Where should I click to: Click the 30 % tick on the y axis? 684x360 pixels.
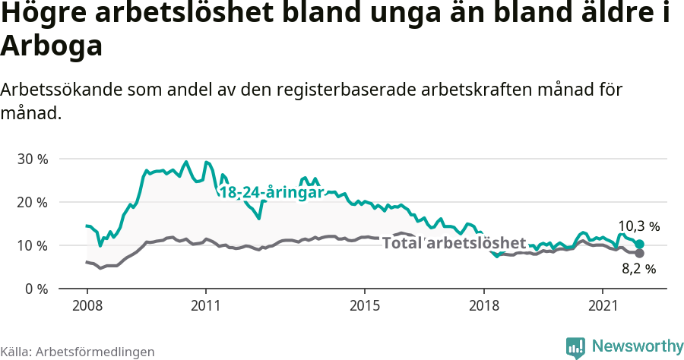click(x=32, y=159)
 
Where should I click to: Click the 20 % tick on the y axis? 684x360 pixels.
click(x=32, y=203)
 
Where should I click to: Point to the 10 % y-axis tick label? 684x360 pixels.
click(x=32, y=246)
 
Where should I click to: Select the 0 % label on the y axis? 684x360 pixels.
click(x=35, y=289)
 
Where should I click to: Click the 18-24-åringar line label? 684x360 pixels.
click(x=271, y=193)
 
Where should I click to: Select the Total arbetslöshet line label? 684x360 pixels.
click(x=454, y=243)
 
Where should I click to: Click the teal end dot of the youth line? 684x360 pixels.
click(x=640, y=245)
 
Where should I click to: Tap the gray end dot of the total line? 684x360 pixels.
click(x=640, y=254)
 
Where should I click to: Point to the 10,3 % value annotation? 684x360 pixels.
click(x=638, y=226)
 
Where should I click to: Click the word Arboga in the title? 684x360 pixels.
click(x=51, y=47)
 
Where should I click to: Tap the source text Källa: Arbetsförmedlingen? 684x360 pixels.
click(x=78, y=352)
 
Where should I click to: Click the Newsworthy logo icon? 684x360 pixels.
click(x=575, y=347)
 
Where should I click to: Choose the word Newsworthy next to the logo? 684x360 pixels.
click(x=637, y=347)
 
